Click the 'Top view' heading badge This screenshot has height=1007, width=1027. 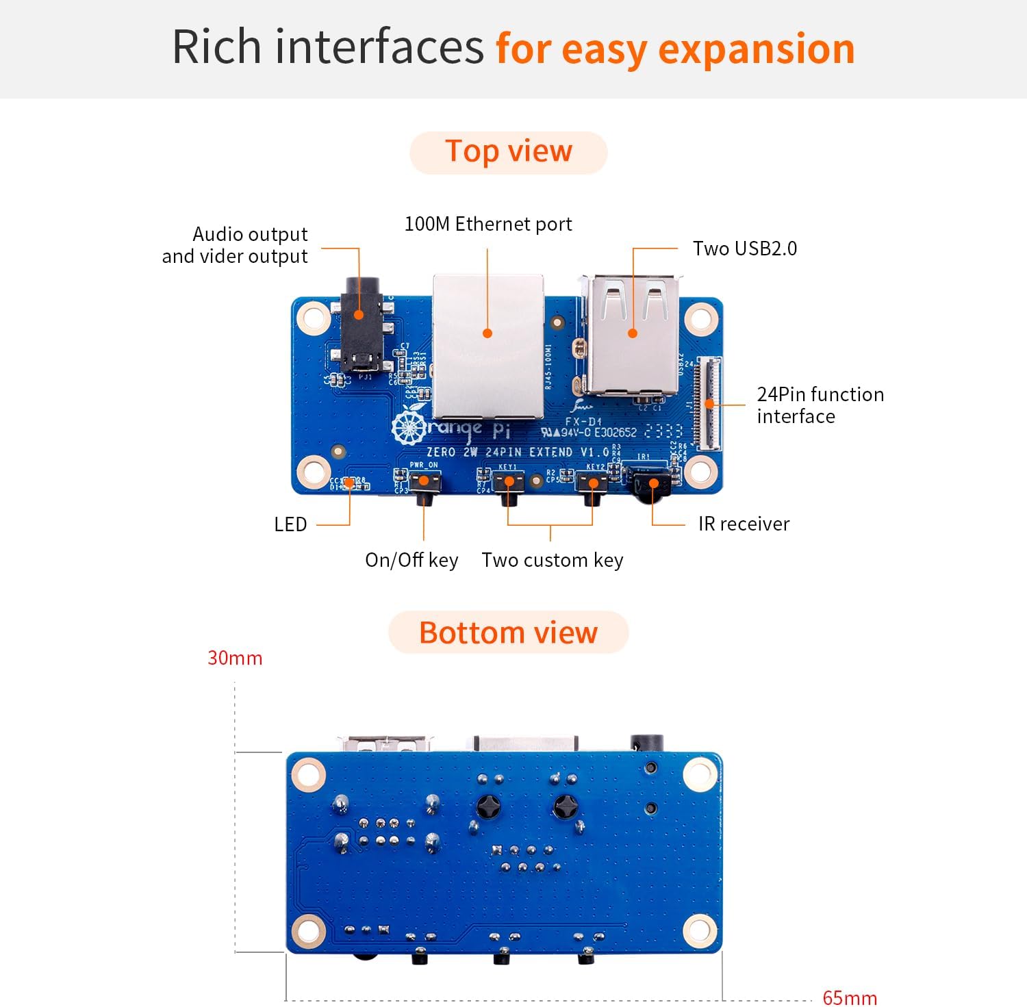[x=508, y=152]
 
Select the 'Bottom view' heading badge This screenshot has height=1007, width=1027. [x=508, y=633]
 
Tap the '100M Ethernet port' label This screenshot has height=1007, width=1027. [x=487, y=224]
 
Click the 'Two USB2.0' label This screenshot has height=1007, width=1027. [x=744, y=248]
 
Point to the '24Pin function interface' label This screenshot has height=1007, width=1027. [x=820, y=405]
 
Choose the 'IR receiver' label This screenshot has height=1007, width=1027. [x=744, y=524]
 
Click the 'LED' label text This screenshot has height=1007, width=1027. [x=290, y=525]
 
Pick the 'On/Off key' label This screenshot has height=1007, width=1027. [x=411, y=560]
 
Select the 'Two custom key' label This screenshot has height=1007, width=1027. [x=552, y=560]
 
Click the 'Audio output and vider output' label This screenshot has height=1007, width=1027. [x=235, y=245]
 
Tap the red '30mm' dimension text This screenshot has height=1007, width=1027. [x=235, y=658]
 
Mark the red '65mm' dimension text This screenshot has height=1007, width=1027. [x=849, y=997]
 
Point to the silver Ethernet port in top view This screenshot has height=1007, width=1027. [x=488, y=346]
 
